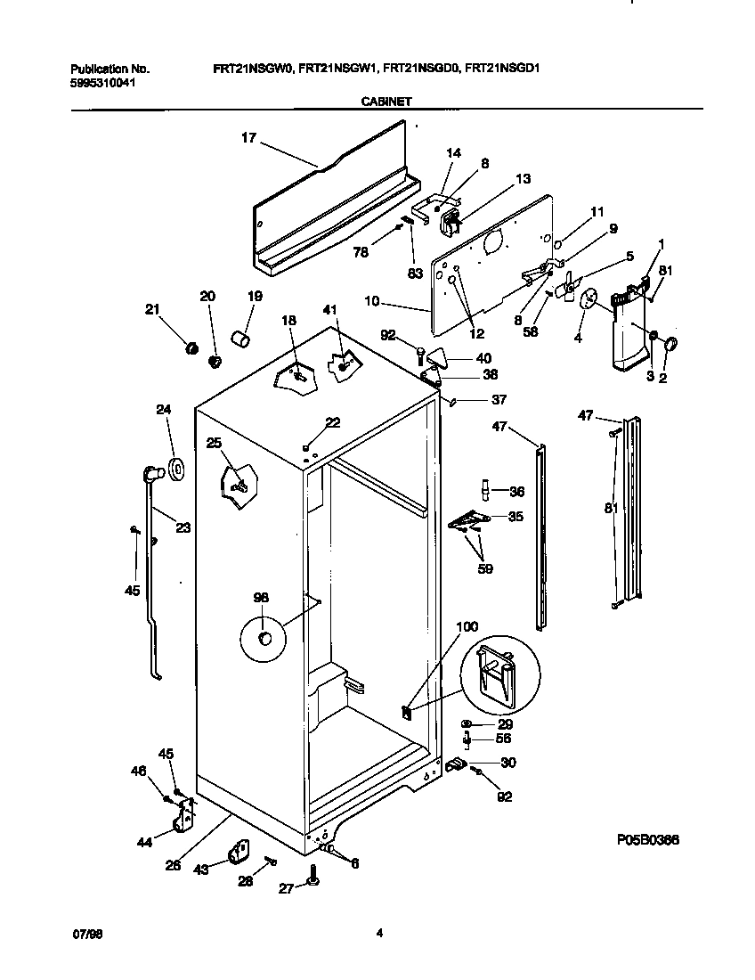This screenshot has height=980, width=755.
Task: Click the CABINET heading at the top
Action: coord(386,102)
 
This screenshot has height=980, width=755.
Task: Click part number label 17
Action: coord(248,137)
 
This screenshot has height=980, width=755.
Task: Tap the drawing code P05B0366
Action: coord(653,839)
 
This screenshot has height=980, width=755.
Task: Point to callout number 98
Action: coord(261,598)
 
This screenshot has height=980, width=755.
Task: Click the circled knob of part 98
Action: coord(264,638)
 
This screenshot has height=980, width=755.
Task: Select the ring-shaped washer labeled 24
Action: coord(175,466)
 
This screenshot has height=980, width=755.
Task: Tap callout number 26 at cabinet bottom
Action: coord(173,862)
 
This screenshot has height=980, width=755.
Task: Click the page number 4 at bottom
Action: coord(379,934)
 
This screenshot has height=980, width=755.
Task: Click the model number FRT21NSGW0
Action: coord(252,69)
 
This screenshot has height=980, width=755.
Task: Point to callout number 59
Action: coord(484,568)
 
